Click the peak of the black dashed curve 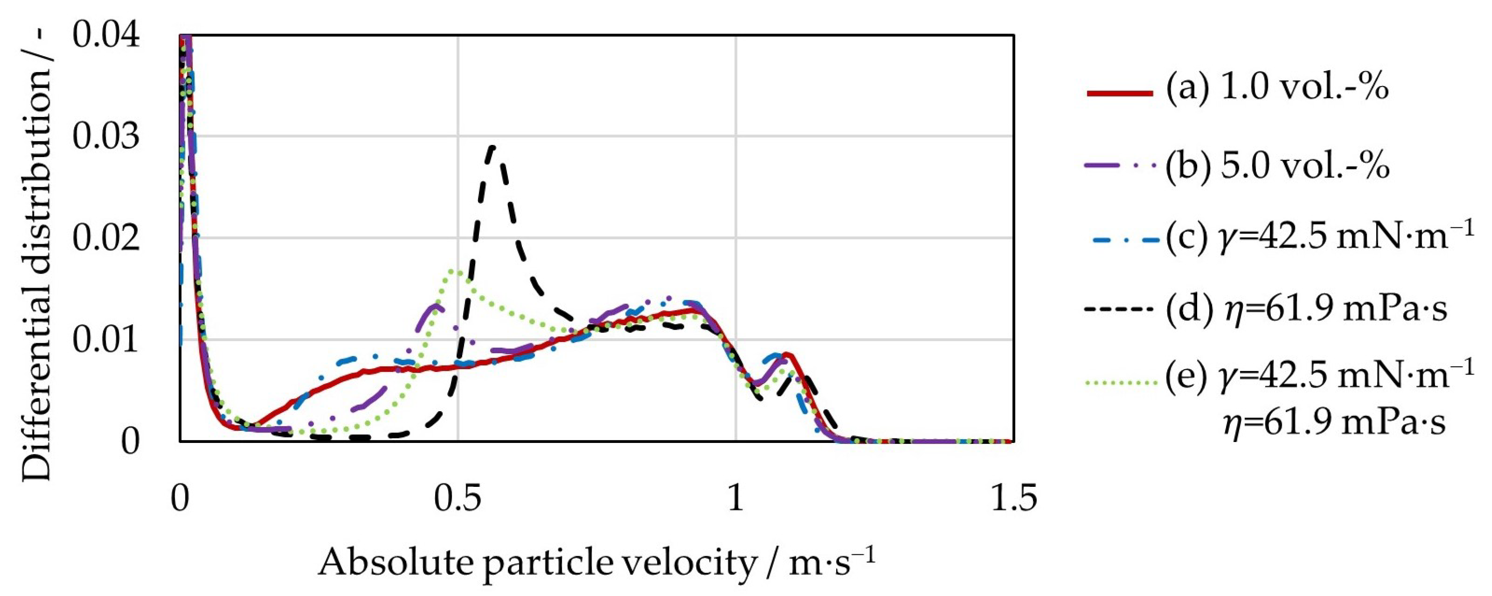[492, 147]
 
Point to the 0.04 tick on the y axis [106, 36]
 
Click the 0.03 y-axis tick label [106, 137]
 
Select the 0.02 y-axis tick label [106, 238]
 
